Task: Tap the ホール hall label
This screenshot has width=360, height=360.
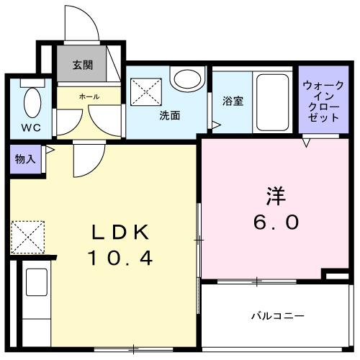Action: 89,95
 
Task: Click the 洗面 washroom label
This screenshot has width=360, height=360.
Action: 170,114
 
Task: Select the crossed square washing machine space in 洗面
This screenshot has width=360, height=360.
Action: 145,91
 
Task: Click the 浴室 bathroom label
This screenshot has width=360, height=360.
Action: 233,102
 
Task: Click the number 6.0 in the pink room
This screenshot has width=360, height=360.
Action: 274,222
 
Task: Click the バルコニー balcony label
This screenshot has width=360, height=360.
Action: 278,315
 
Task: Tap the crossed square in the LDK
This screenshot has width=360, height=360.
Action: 28,237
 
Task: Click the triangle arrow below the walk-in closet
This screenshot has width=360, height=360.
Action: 307,143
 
